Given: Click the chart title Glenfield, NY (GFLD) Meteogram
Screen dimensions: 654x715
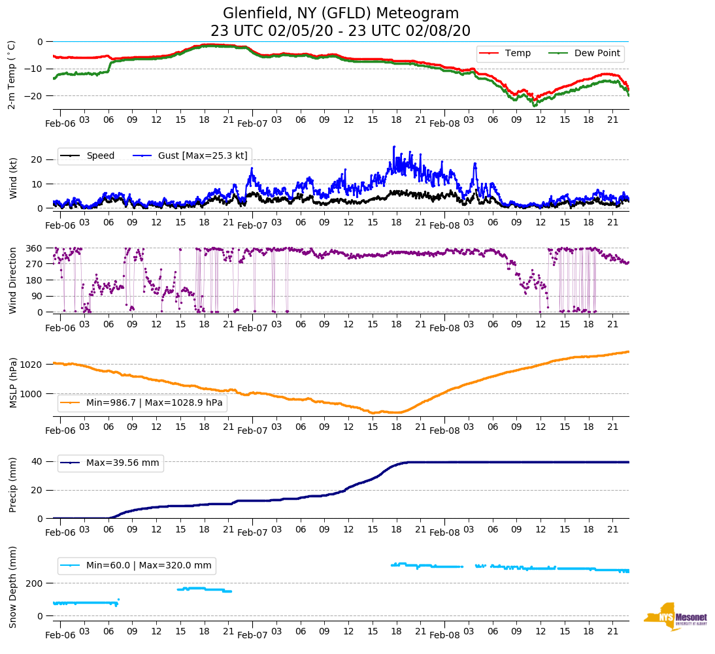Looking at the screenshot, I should pyautogui.click(x=341, y=14).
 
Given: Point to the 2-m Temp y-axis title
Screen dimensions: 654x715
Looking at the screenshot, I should pyautogui.click(x=11, y=74).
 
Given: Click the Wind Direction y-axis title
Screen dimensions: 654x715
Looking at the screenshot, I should pyautogui.click(x=13, y=280).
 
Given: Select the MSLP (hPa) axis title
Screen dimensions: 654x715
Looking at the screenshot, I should pyautogui.click(x=13, y=382).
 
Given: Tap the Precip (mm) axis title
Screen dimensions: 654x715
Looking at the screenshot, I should pyautogui.click(x=13, y=485).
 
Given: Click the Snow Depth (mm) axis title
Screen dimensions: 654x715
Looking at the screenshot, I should pyautogui.click(x=13, y=587).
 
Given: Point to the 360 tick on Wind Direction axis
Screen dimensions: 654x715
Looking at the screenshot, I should pyautogui.click(x=35, y=248).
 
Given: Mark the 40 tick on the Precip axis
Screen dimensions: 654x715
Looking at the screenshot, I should pyautogui.click(x=38, y=461).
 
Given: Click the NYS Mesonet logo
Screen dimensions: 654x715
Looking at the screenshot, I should pyautogui.click(x=675, y=617).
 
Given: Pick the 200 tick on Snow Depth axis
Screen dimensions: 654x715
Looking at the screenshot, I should pyautogui.click(x=35, y=583).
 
